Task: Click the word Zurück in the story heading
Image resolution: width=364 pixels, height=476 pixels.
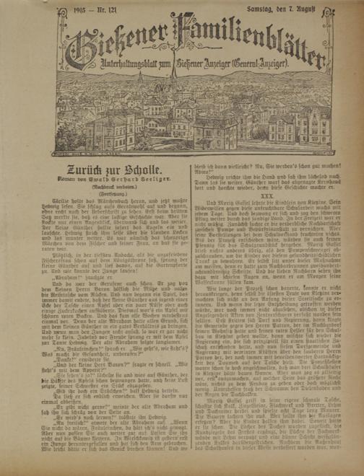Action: pyautogui.click(x=86, y=171)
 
